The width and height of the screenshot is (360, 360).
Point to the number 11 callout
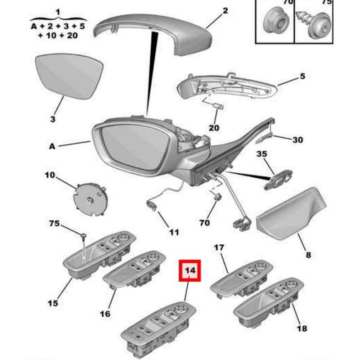(174, 232)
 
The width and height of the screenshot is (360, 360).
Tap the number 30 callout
(297, 140)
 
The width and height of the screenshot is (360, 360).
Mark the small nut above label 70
(217, 197)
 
